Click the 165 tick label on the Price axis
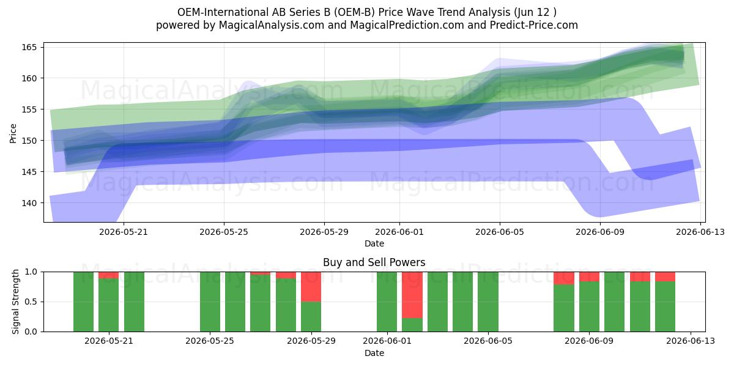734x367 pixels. pyautogui.click(x=29, y=47)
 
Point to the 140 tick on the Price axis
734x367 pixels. pyautogui.click(x=29, y=203)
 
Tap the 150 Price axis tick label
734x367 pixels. pyautogui.click(x=29, y=141)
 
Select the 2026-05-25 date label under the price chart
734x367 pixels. pyautogui.click(x=224, y=232)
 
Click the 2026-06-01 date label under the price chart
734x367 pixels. pyautogui.click(x=399, y=232)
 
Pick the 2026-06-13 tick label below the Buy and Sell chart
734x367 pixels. pyautogui.click(x=691, y=341)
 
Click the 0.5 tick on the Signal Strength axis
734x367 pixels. pyautogui.click(x=31, y=302)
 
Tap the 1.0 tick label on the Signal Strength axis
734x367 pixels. pyautogui.click(x=31, y=272)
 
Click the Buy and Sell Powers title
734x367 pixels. pyautogui.click(x=374, y=262)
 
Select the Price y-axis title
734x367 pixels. pyautogui.click(x=13, y=133)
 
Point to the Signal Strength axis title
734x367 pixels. pyautogui.click(x=15, y=302)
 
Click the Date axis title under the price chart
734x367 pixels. pyautogui.click(x=374, y=243)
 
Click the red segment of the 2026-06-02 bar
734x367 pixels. pyautogui.click(x=412, y=295)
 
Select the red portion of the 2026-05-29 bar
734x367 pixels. pyautogui.click(x=311, y=287)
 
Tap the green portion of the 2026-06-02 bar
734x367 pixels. pyautogui.click(x=412, y=325)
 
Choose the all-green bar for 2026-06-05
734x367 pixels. pyautogui.click(x=488, y=302)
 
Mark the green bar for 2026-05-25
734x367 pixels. pyautogui.click(x=210, y=302)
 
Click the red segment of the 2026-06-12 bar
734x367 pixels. pyautogui.click(x=665, y=276)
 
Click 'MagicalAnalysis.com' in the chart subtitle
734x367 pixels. pyautogui.click(x=272, y=25)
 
